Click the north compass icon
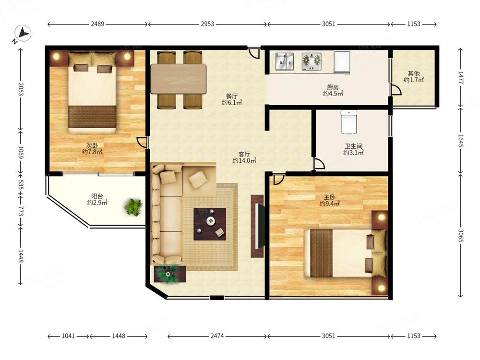point(23,33)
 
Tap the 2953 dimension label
point(207,24)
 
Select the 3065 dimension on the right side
point(461,235)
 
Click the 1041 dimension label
point(68,336)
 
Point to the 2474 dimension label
point(217,336)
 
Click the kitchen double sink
point(284,61)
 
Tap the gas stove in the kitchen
point(312,61)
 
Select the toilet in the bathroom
point(349,122)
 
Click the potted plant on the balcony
point(133,207)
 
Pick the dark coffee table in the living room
point(210,224)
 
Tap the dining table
point(179,79)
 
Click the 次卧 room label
point(92,145)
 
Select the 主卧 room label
point(329,197)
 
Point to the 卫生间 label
point(353,146)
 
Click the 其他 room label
point(414,73)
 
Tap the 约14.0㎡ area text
point(244,160)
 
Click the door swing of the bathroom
point(319,164)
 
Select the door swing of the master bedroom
point(278,179)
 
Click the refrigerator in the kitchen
point(342,62)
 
